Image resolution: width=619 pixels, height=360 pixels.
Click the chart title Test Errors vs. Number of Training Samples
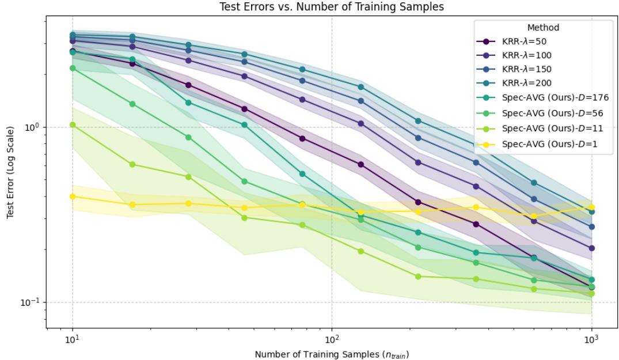point(332,7)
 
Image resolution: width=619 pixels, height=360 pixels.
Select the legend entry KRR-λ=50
point(524,42)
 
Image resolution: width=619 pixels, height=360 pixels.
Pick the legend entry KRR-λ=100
point(526,56)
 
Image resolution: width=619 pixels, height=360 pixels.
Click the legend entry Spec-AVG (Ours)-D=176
point(555,98)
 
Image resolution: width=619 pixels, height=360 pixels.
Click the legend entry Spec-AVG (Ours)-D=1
point(549,144)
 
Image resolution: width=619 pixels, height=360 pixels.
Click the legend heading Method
point(543,28)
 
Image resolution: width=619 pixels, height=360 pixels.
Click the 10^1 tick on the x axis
point(73,339)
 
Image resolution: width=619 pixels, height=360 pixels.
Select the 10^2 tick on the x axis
point(332,339)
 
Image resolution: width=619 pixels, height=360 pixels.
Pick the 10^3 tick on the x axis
point(591,339)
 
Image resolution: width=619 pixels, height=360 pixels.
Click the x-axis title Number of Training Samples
point(332,354)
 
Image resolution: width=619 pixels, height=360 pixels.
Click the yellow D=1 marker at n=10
point(73,196)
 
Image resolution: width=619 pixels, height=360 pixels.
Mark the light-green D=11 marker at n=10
point(73,125)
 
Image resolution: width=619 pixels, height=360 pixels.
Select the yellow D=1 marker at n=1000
point(591,207)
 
